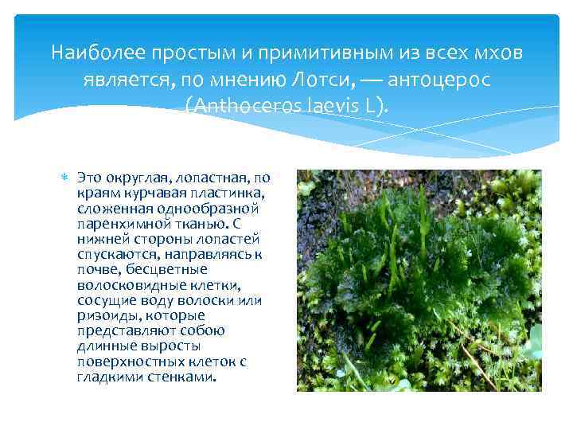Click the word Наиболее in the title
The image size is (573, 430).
84,53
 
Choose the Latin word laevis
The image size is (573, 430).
341,105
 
